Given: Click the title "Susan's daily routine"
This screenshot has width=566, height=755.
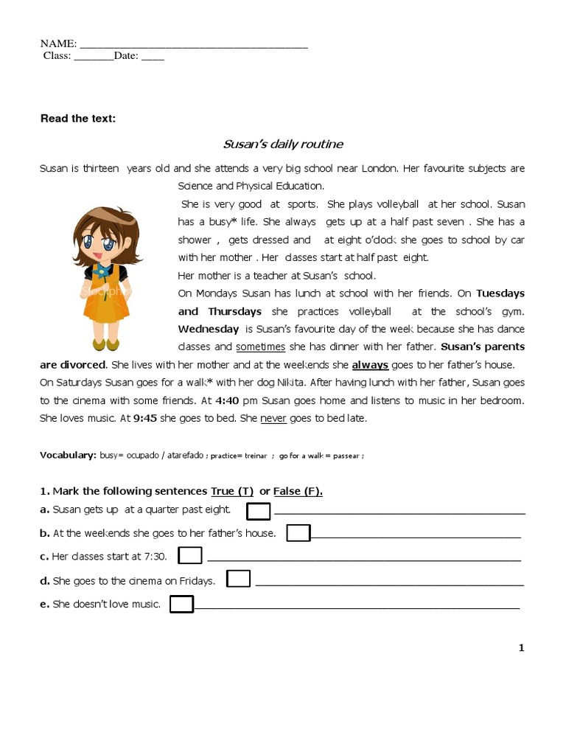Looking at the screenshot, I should [283, 144].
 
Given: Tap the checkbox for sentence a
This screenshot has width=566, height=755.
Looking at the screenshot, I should [258, 511].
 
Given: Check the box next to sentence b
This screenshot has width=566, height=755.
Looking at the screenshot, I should [298, 533].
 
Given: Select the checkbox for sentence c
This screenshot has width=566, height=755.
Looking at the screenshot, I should [190, 556].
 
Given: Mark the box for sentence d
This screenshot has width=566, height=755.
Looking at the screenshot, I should [238, 579].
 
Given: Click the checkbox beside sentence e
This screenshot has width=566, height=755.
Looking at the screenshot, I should [181, 605].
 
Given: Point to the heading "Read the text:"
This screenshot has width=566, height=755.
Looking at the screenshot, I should [77, 118].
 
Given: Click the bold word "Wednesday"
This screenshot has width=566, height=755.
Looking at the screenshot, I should [208, 329].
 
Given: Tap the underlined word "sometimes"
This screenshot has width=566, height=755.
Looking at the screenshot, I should [260, 347].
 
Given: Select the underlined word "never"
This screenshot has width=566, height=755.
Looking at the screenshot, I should [273, 418].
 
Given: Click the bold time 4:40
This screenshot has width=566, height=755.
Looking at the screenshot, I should [227, 400].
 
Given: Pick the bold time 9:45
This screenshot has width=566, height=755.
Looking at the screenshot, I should [144, 418].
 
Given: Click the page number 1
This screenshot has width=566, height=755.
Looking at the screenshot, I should [522, 647].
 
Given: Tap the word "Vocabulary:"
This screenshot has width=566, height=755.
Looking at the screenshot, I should [68, 456].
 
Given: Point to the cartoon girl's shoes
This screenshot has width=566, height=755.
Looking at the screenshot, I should [105, 344].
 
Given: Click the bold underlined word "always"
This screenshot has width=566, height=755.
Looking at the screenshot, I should [370, 365].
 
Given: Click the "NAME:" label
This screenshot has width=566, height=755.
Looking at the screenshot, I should [58, 44].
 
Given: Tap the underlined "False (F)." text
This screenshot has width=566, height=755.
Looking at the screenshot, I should [298, 491].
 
